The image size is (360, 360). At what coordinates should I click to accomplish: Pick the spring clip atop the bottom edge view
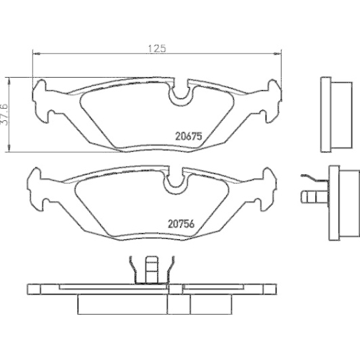tap(150, 270)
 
